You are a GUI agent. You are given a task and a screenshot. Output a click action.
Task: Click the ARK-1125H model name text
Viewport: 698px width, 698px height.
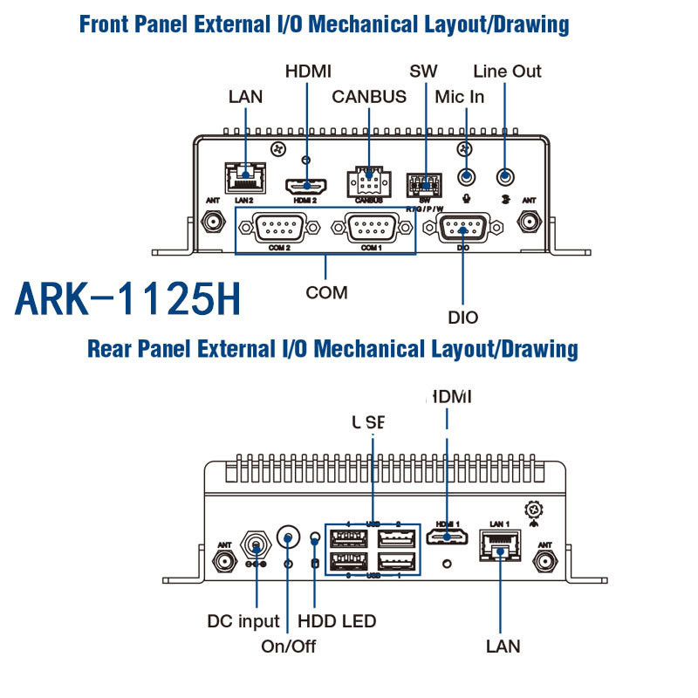click(127, 298)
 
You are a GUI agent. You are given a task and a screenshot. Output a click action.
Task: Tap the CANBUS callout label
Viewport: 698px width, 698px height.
click(369, 97)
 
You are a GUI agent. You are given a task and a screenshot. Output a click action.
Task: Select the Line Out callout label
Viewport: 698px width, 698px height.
click(507, 71)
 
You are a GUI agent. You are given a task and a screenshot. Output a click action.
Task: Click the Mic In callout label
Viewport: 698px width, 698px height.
click(459, 97)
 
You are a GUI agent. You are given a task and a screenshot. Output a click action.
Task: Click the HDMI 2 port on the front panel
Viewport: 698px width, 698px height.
click(305, 186)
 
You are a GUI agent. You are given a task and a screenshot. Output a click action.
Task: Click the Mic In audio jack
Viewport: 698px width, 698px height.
click(468, 177)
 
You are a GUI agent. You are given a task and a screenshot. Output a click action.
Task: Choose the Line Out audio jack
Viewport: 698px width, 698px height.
click(504, 177)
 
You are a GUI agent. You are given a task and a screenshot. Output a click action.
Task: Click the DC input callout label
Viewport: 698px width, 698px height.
click(243, 621)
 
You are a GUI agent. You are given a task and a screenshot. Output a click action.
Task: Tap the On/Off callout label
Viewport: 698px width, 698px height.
click(288, 647)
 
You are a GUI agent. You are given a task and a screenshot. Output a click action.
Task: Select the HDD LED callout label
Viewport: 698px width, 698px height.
click(337, 621)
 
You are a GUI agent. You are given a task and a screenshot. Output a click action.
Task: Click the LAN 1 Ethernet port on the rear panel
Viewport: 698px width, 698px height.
click(499, 544)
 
